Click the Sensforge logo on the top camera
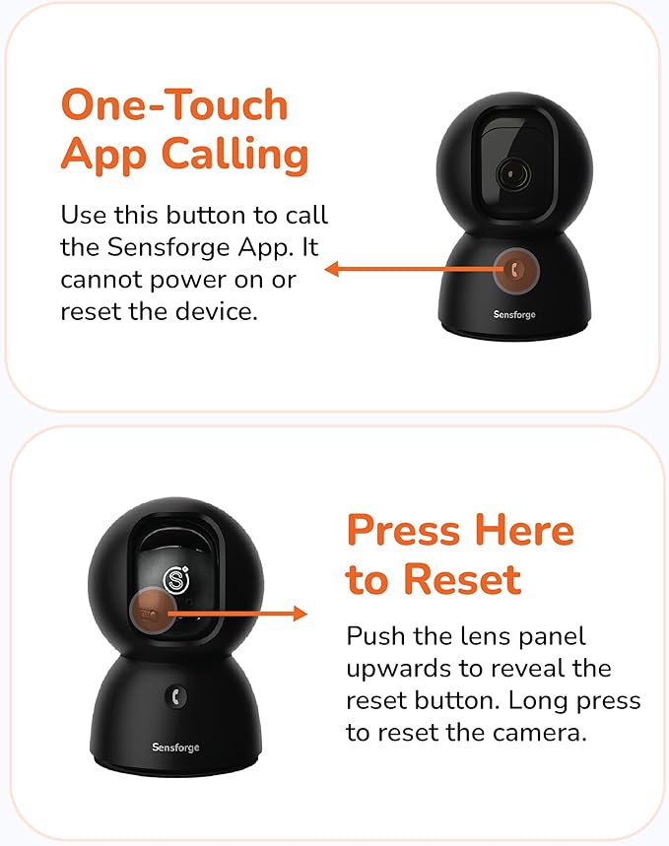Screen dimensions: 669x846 coord(514,314)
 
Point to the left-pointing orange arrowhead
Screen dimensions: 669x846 coord(331,269)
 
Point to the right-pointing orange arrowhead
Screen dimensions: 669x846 coord(301,614)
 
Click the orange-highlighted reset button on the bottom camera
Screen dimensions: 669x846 coord(152,614)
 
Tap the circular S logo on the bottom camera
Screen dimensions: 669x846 coord(176,580)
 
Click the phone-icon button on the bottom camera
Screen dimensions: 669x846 coord(176,696)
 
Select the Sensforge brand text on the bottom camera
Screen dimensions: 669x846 coord(175,748)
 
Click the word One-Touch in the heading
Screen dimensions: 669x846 coord(174,104)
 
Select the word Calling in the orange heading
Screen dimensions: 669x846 coord(234,155)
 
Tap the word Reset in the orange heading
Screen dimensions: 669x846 coord(462,580)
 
